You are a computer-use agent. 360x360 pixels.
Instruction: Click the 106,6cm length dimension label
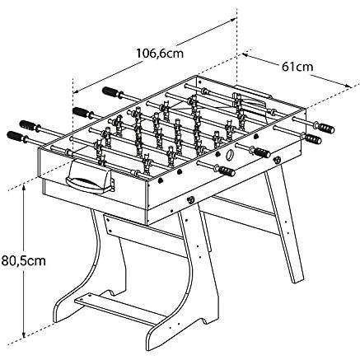160,54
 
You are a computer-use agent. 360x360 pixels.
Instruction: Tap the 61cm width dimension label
297,67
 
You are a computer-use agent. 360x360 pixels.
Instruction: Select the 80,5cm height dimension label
23,260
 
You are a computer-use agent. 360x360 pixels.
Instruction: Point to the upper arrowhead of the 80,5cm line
25,188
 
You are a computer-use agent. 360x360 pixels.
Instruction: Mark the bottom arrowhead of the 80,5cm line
25,334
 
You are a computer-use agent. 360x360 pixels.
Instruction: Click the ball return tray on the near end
90,178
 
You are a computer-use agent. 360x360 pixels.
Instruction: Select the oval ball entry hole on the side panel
229,155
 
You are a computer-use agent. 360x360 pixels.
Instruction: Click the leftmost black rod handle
16,136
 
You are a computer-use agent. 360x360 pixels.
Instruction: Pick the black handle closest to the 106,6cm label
111,91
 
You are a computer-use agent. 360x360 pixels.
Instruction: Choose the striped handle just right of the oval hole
261,152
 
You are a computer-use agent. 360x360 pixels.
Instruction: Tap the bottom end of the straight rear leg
298,280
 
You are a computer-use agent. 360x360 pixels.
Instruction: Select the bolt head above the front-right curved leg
190,199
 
